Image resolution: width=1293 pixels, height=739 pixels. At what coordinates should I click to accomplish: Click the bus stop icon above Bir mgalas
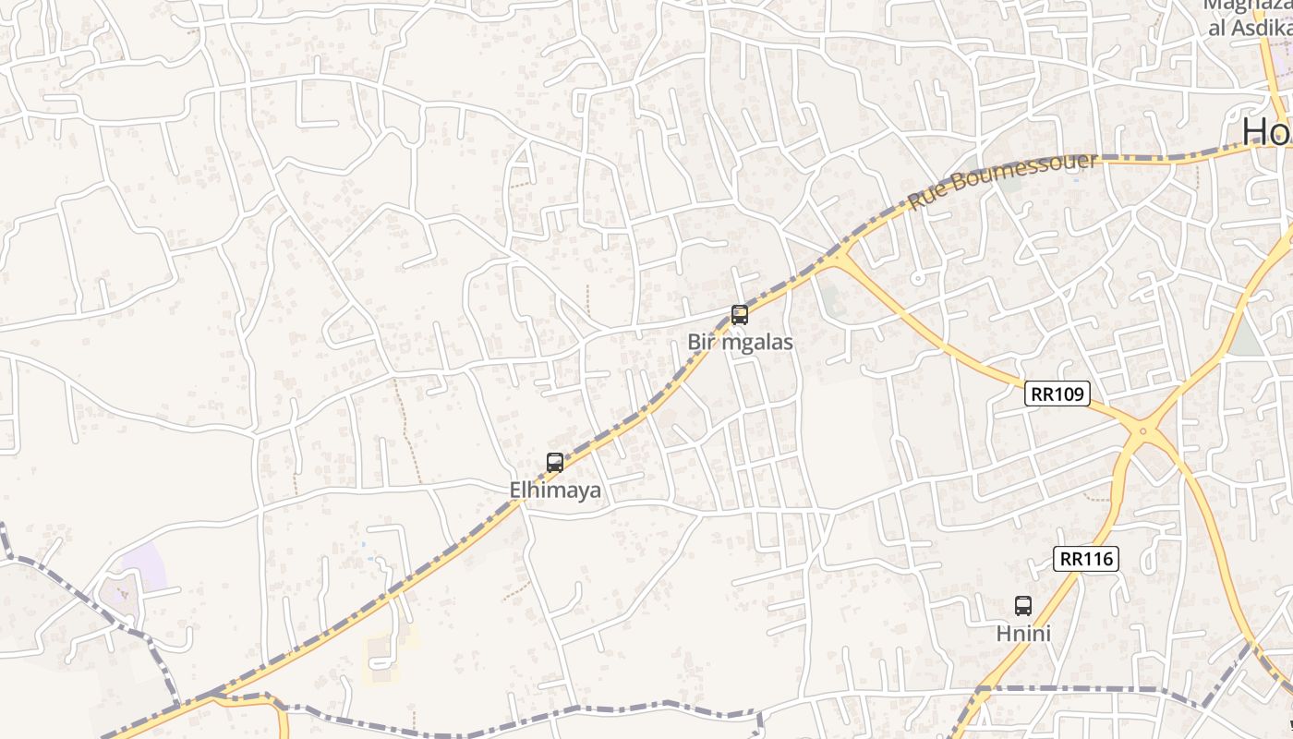(x=740, y=315)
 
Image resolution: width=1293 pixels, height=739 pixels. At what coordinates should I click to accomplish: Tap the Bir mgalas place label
(x=740, y=343)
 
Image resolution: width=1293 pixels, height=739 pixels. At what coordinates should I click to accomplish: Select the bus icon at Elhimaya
(x=555, y=463)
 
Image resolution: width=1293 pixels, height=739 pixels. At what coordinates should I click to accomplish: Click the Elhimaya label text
(x=555, y=491)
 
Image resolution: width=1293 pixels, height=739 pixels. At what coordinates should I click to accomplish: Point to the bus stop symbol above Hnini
(x=1023, y=606)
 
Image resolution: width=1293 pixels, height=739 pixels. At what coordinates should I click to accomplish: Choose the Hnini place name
(x=1023, y=634)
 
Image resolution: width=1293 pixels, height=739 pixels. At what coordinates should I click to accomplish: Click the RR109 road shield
(x=1057, y=394)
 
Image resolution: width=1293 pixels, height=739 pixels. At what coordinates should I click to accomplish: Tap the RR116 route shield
(x=1086, y=559)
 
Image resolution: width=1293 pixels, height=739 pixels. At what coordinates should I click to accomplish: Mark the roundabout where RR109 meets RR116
(x=1142, y=430)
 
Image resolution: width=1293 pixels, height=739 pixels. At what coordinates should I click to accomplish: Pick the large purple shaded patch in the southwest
(x=144, y=566)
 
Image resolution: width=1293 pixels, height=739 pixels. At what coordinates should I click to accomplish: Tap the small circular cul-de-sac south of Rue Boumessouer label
(x=917, y=277)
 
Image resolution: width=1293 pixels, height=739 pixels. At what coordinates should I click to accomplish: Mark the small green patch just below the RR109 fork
(x=829, y=297)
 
